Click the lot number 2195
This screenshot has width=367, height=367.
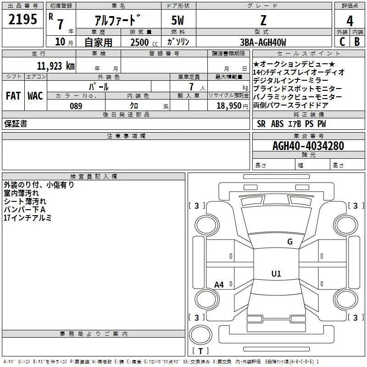22,19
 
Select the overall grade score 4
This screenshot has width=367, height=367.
350,21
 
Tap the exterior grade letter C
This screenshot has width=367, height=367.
342,42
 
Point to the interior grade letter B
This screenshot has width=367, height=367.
357,42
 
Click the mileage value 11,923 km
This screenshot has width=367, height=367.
56,66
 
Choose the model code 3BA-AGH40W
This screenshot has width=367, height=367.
263,42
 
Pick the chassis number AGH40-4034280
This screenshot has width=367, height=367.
308,146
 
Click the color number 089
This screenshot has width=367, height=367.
76,106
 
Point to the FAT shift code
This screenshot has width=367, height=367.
13,96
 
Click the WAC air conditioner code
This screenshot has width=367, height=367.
35,96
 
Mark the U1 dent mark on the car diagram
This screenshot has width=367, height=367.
276,273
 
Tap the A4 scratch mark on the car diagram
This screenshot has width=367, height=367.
219,285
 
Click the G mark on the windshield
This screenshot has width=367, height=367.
290,242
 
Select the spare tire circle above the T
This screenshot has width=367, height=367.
200,335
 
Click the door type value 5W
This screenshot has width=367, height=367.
178,20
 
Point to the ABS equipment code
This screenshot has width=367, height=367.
278,124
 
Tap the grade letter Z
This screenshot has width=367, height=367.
263,20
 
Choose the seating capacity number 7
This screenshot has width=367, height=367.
191,87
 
